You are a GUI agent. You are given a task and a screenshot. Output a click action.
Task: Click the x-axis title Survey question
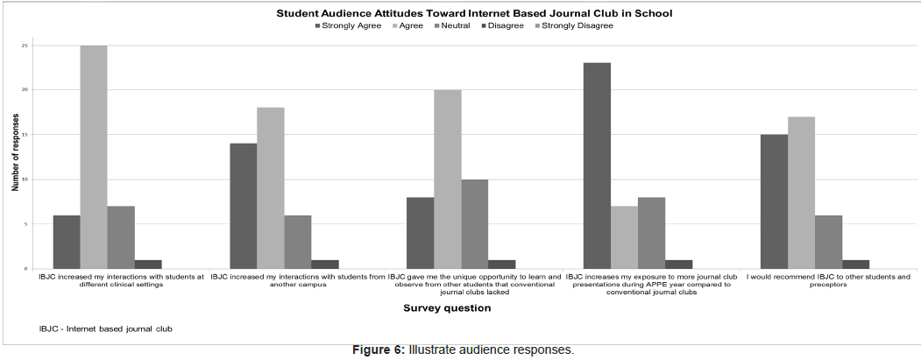[x=446, y=308]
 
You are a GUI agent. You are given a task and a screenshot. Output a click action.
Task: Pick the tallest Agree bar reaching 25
[x=94, y=157]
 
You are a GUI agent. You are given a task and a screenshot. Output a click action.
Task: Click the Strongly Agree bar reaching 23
[x=597, y=166]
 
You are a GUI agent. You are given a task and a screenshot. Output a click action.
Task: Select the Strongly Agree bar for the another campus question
[x=243, y=206]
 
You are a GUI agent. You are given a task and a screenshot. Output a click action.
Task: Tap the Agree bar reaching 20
[x=447, y=179]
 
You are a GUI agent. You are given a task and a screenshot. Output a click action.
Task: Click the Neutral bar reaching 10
[x=474, y=224]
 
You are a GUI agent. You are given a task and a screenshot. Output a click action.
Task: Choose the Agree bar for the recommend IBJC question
[x=801, y=193]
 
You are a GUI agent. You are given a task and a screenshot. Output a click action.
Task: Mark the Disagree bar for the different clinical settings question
[x=148, y=265]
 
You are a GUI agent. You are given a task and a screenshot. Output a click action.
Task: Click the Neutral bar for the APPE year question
[x=651, y=233]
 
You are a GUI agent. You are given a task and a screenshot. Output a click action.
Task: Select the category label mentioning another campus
[x=297, y=281]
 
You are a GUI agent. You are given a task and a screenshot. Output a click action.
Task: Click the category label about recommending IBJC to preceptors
[x=827, y=281]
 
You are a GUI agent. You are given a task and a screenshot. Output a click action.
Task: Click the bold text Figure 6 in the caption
[x=378, y=350]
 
